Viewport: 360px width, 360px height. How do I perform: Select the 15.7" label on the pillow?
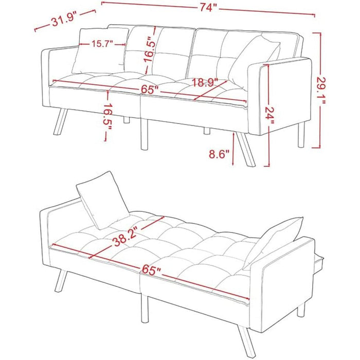(103, 44)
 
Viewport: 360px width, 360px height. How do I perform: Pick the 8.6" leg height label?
(220, 153)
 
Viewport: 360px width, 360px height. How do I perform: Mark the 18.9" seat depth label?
(206, 82)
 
